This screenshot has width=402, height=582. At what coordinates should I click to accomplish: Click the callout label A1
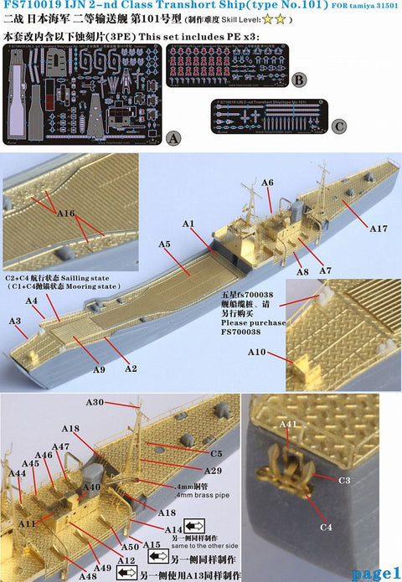[188, 224]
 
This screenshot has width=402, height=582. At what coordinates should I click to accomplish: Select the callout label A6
[267, 182]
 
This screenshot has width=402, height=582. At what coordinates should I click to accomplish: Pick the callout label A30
[120, 403]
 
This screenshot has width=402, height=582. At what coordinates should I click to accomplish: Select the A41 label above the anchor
[288, 425]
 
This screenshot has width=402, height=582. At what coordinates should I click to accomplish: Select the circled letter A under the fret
[173, 136]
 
